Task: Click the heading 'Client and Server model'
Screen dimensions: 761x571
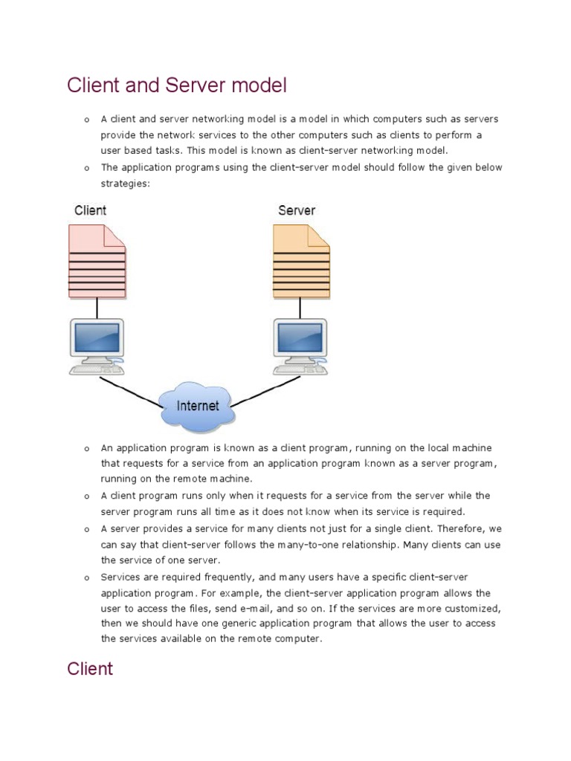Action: point(176,85)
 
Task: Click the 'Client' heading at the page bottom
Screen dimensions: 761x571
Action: point(90,668)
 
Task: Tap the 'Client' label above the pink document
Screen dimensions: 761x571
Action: point(90,210)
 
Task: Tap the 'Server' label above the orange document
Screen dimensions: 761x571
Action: point(296,210)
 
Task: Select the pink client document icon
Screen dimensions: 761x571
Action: point(97,261)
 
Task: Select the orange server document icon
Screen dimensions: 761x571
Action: point(300,261)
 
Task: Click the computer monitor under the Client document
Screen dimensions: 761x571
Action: point(97,338)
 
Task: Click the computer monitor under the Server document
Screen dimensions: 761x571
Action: point(300,338)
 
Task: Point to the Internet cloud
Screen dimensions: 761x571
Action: point(197,406)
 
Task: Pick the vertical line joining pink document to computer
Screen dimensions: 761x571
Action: point(97,308)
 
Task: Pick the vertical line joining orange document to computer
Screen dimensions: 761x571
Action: point(300,308)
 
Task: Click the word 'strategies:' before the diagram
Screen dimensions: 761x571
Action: point(126,183)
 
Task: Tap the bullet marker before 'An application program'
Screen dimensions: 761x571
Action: point(86,449)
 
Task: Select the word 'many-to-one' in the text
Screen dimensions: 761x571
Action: point(308,545)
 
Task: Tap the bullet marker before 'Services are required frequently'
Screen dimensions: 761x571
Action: point(86,577)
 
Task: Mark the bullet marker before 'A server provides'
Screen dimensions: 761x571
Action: point(86,529)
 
